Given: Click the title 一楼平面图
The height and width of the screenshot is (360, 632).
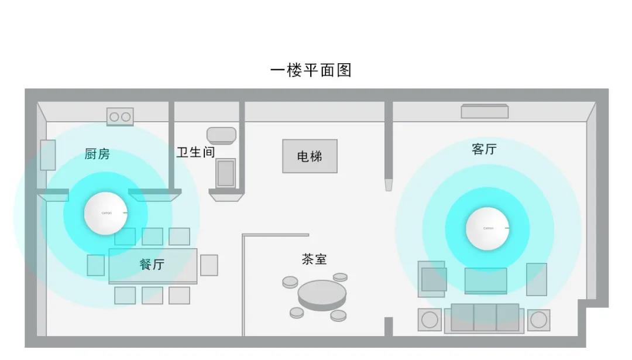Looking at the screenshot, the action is pyautogui.click(x=311, y=70).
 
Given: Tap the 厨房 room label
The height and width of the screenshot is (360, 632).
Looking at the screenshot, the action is pyautogui.click(x=97, y=154).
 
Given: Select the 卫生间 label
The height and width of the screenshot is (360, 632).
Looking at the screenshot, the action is pyautogui.click(x=195, y=152).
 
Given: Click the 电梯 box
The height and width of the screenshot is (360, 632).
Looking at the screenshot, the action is pyautogui.click(x=310, y=156).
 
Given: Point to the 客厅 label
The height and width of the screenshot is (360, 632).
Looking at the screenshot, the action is pyautogui.click(x=484, y=149).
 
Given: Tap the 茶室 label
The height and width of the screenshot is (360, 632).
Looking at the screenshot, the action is pyautogui.click(x=314, y=259).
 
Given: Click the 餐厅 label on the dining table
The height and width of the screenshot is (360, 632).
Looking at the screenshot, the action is pyautogui.click(x=152, y=265).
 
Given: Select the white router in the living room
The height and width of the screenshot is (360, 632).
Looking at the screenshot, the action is pyautogui.click(x=487, y=228).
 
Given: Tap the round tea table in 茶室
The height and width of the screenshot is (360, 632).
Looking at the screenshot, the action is pyautogui.click(x=321, y=293).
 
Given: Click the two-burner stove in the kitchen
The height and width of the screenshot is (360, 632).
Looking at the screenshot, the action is pyautogui.click(x=120, y=116).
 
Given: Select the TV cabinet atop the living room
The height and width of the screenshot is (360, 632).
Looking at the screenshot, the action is pyautogui.click(x=485, y=111).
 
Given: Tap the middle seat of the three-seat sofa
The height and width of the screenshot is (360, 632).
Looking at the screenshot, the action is pyautogui.click(x=485, y=317).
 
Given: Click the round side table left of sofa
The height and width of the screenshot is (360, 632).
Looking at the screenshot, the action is pyautogui.click(x=430, y=320).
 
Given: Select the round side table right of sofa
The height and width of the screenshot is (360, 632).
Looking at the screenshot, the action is pyautogui.click(x=538, y=320).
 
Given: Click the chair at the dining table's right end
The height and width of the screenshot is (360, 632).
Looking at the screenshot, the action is pyautogui.click(x=209, y=265).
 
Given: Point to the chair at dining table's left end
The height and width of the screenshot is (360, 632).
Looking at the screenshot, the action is pyautogui.click(x=96, y=265).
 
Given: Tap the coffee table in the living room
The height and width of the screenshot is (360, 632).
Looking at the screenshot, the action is pyautogui.click(x=486, y=280).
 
